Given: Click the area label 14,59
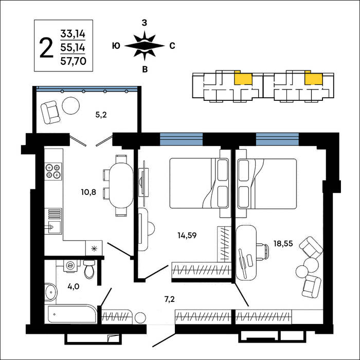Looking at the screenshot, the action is (187, 236).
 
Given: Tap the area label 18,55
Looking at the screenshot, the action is (283, 243).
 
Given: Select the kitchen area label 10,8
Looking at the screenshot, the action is (88, 192).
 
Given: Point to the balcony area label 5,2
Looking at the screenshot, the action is (101, 115).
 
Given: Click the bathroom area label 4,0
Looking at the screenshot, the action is (74, 286).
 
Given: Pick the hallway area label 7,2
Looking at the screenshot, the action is (170, 299).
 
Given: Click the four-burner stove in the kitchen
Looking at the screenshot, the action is (53, 171).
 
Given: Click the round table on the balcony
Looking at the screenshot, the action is (71, 106).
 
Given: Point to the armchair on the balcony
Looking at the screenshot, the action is (50, 113).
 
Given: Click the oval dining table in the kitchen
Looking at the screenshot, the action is (121, 185).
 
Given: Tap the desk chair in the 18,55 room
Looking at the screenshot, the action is (262, 252).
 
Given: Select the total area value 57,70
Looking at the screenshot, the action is (73, 61).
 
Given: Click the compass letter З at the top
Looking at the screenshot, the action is (144, 23).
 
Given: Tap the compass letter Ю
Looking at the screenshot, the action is (116, 46).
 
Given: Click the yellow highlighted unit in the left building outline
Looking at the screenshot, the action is (243, 79).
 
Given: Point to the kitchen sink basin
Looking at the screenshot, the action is (55, 227).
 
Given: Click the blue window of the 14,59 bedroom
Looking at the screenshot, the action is (181, 139).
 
